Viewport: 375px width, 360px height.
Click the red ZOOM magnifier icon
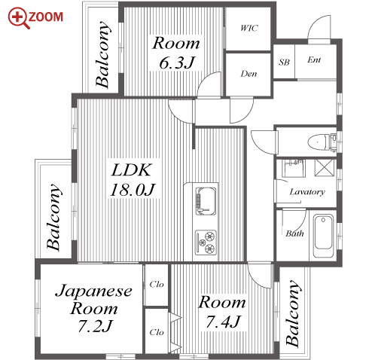(18, 17)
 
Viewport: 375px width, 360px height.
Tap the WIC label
(248, 28)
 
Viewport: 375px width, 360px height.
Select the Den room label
(248, 74)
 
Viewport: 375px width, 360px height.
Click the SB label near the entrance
(284, 62)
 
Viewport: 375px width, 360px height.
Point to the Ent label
(314, 59)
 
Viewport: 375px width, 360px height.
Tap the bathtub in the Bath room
(323, 236)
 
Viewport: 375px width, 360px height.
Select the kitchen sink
(206, 201)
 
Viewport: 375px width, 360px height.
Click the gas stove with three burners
(206, 243)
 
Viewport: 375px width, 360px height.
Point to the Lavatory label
(307, 192)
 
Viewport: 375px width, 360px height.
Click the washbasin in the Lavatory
(293, 168)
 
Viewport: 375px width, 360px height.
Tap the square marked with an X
(325, 167)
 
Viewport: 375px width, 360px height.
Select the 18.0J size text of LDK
(133, 190)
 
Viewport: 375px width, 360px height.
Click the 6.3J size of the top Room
(177, 63)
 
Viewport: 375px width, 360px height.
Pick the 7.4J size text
(223, 322)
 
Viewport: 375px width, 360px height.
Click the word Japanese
(93, 291)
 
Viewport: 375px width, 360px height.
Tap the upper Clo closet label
(157, 284)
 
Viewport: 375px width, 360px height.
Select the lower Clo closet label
(157, 332)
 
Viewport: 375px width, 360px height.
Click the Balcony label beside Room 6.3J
(103, 54)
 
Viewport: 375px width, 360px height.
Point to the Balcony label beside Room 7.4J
(293, 313)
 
